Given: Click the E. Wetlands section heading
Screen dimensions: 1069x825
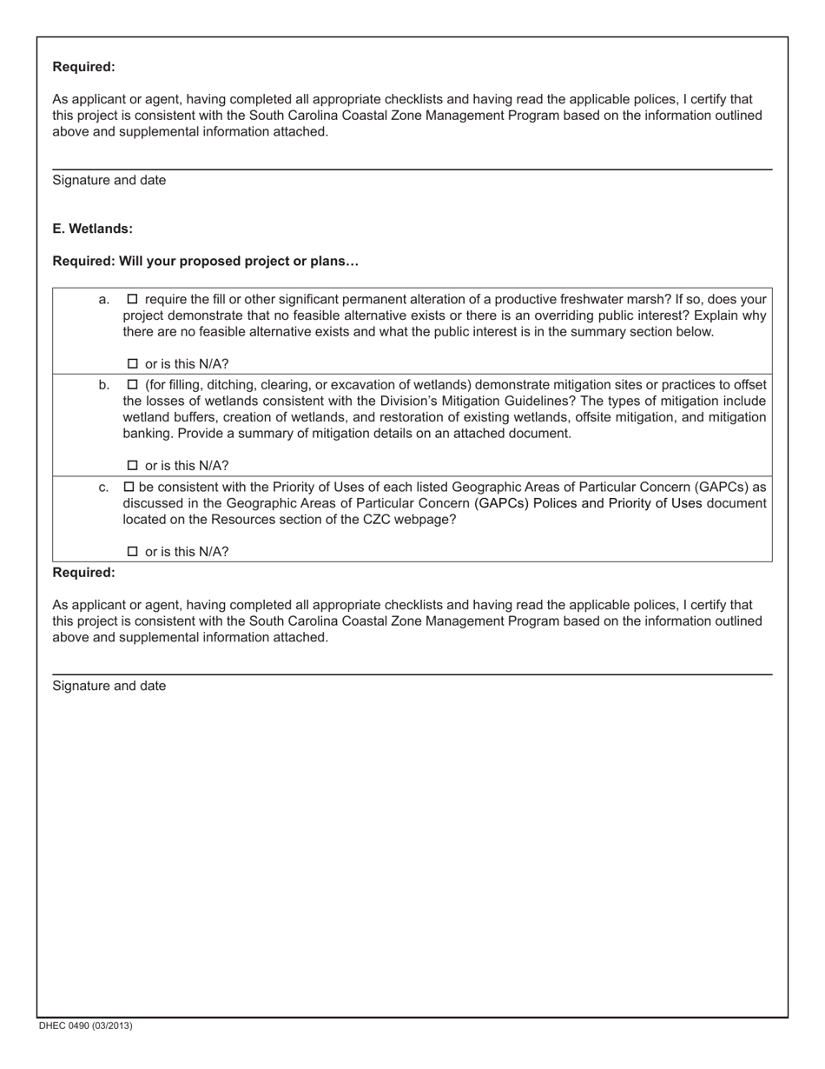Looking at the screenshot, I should coord(92,229).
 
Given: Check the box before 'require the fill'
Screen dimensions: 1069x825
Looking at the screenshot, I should coord(133,299).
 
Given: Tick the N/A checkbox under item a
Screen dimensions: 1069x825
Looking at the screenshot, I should coord(133,364).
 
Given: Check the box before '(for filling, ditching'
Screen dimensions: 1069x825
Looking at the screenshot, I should coord(133,384).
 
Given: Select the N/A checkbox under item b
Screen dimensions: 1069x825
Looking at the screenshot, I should coord(133,466).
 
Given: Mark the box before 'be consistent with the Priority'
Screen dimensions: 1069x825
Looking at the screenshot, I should coord(129,487).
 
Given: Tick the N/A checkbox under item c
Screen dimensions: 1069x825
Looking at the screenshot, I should coord(133,552).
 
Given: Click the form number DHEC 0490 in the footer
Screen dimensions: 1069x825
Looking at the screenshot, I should coord(85,1026).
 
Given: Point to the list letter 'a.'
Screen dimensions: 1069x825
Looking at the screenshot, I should coord(104,300).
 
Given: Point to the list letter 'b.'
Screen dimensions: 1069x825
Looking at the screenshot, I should coord(104,385).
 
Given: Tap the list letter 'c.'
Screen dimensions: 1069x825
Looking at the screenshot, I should coord(104,488).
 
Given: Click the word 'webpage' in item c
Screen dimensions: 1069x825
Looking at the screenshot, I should coord(427,520).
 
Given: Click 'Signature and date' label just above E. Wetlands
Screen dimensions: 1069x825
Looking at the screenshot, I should coord(109,181).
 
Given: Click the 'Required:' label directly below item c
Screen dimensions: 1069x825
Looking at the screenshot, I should coord(83,573).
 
